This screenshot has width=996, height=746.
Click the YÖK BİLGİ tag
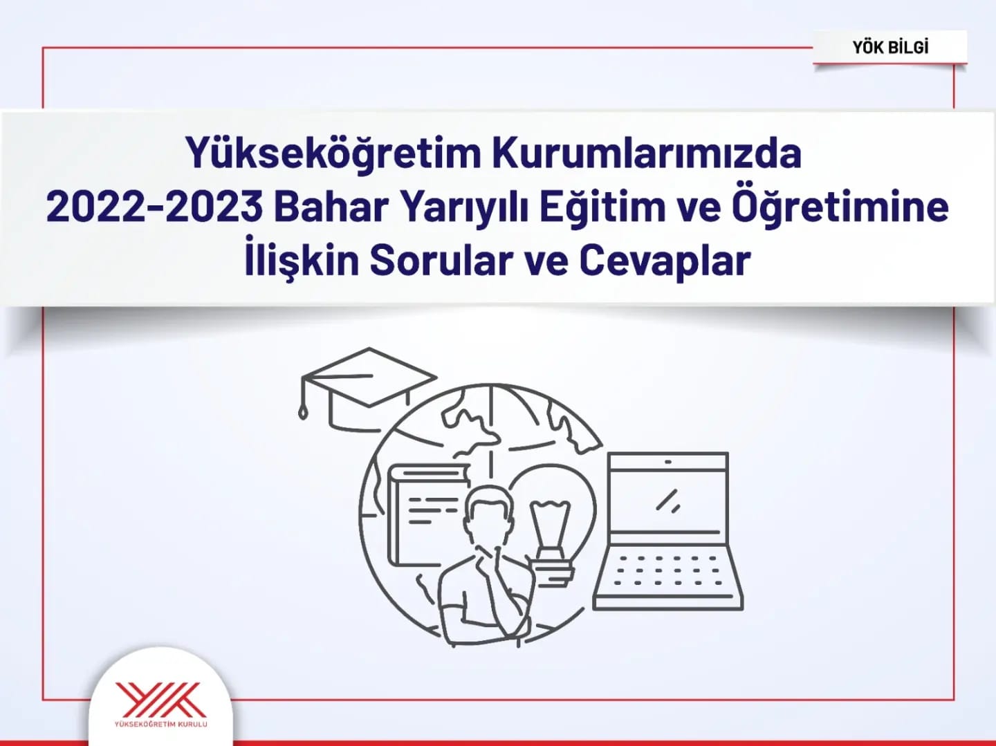889,47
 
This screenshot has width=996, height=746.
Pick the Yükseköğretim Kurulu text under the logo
162,725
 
